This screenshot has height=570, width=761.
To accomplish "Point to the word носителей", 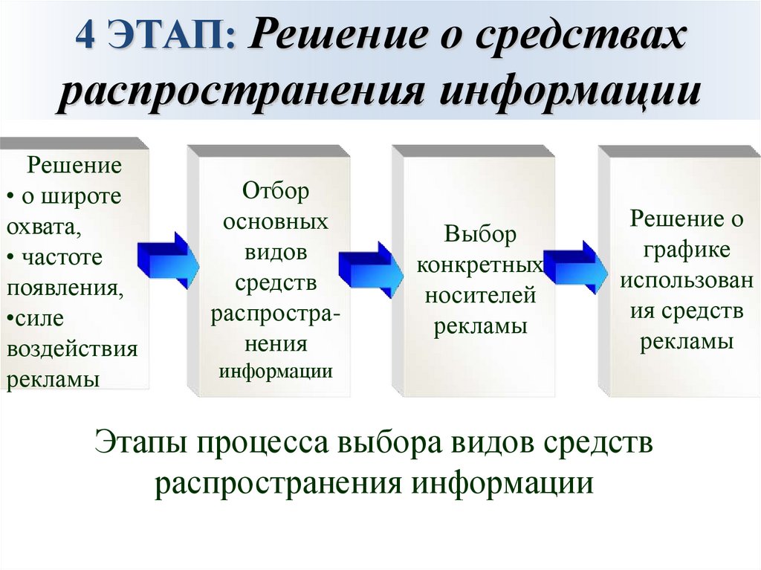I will tap(480, 296).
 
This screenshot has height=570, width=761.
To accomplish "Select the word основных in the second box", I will tap(275, 221).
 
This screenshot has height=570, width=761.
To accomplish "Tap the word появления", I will tap(65, 288).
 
